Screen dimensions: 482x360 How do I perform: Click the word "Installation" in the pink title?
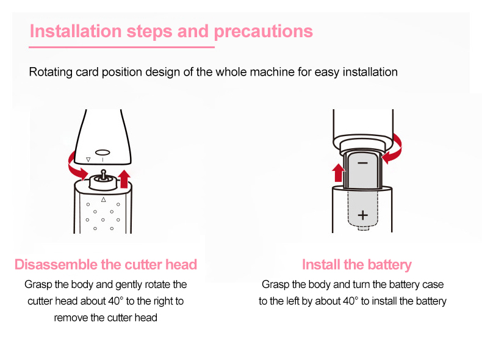76,31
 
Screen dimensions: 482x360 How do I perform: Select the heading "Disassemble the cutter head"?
106,264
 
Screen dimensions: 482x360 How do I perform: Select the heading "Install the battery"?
356,265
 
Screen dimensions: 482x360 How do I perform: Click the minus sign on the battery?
363,163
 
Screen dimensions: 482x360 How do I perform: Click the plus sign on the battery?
363,215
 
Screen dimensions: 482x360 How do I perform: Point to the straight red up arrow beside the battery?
338,173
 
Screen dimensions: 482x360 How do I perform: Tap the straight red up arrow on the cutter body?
124,179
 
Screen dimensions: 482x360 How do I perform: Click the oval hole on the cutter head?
103,153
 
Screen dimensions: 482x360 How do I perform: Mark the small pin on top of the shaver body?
103,175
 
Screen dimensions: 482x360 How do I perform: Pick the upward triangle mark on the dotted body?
104,200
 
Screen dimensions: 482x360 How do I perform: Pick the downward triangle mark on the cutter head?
88,159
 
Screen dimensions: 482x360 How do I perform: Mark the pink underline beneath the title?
122,48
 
